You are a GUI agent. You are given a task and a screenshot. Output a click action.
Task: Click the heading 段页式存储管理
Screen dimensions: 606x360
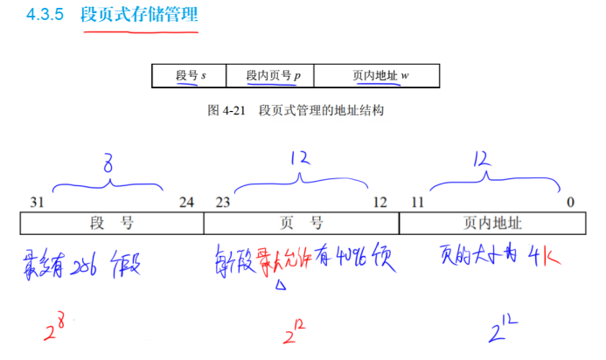pyautogui.click(x=140, y=15)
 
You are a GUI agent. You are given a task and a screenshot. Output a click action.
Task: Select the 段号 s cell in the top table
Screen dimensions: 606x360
pyautogui.click(x=189, y=76)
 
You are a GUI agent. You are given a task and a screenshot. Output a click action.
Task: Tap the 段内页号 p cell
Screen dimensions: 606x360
pyautogui.click(x=269, y=76)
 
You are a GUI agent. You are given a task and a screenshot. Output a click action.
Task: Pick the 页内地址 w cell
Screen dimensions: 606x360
pyautogui.click(x=377, y=76)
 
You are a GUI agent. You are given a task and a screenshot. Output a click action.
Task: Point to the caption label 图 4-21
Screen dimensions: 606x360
pyautogui.click(x=226, y=110)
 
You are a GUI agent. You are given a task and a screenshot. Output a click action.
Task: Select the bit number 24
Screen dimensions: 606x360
pyautogui.click(x=186, y=202)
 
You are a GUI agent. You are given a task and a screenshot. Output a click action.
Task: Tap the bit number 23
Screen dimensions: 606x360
pyautogui.click(x=223, y=202)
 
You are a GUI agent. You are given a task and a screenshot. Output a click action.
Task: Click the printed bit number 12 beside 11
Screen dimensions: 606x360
pyautogui.click(x=380, y=202)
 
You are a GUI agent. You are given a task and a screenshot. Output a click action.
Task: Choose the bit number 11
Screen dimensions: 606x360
pyautogui.click(x=417, y=202)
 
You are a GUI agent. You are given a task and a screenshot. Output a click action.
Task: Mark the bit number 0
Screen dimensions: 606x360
pyautogui.click(x=570, y=202)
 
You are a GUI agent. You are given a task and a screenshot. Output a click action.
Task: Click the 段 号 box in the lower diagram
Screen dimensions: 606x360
pyautogui.click(x=112, y=224)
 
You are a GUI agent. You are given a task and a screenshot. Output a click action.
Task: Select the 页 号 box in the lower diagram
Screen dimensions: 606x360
pyautogui.click(x=302, y=224)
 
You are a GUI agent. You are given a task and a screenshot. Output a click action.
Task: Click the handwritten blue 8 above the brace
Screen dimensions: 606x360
pyautogui.click(x=108, y=163)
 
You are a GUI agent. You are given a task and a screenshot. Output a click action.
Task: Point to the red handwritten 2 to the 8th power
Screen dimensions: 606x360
pyautogui.click(x=59, y=330)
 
